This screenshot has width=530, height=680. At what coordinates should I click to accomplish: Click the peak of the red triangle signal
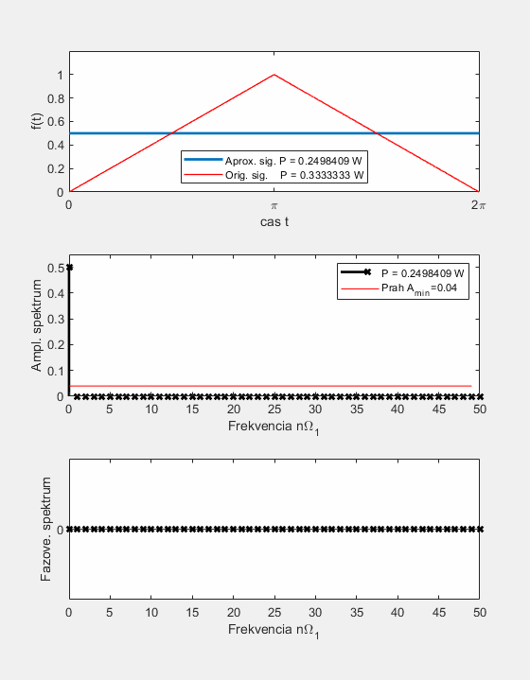coord(274,75)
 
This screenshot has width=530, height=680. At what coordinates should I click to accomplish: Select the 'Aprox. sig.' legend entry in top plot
coord(293,161)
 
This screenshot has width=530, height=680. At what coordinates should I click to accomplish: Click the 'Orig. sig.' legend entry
coord(294,175)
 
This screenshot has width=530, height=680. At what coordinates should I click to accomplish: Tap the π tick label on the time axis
coord(274,205)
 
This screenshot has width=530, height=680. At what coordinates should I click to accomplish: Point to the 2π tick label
coord(478,204)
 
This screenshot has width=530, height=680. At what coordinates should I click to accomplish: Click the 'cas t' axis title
coord(274,222)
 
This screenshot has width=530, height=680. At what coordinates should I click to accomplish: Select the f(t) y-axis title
coord(37,121)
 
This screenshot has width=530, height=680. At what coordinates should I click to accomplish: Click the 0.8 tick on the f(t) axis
coord(56,98)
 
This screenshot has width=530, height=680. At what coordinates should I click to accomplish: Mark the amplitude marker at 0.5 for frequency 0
coord(69,268)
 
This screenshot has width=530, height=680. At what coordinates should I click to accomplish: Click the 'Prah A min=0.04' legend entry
coord(419,288)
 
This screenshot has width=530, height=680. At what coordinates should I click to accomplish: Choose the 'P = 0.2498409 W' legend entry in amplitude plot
coord(422,273)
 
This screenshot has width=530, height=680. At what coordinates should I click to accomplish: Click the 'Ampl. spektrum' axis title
coord(37,325)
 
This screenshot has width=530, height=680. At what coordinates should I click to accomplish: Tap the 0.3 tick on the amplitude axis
coord(56,319)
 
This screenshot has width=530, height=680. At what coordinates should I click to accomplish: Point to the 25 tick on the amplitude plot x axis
coord(274,409)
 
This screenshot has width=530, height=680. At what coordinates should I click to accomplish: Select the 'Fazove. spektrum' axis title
coord(46,529)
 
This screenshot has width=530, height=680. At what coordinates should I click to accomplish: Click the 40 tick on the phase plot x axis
coord(397,612)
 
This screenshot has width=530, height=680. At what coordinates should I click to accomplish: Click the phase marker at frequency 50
coord(480,529)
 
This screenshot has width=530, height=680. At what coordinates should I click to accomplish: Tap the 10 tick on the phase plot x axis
coord(151,612)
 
